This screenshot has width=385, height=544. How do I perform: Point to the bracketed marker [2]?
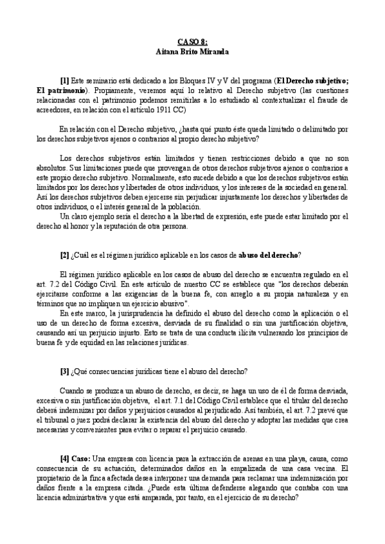coord(65,255)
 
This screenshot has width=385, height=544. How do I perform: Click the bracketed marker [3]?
coord(65,372)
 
